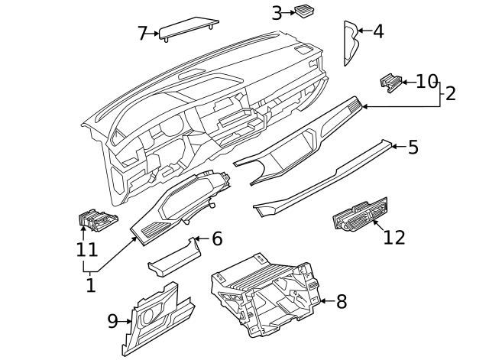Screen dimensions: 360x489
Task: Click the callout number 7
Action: coord(142,34)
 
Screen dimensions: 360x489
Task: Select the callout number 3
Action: coord(277,12)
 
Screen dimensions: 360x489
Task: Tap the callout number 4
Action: coord(377,31)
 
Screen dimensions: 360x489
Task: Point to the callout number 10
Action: coord(426,81)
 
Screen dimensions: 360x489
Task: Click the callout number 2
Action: coord(450,94)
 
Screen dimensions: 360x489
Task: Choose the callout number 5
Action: coord(413,147)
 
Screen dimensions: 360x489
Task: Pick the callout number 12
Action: coord(394,237)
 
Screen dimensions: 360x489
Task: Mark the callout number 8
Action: coord(341,302)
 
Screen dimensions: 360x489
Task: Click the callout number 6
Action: coord(217,239)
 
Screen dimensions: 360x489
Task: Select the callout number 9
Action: coord(112,321)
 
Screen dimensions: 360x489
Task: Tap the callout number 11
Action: coord(86,249)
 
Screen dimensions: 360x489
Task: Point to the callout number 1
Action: coord(90,286)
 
